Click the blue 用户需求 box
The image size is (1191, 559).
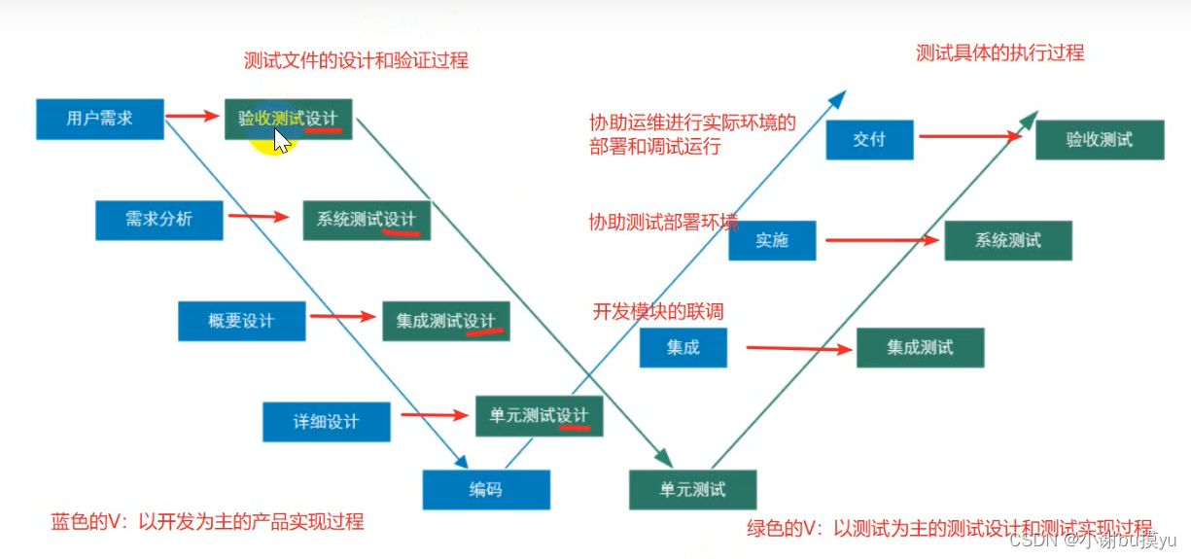click(x=100, y=119)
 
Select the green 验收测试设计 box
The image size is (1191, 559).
click(x=289, y=119)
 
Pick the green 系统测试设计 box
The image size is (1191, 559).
click(x=367, y=220)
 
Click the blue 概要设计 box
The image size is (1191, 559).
click(x=241, y=321)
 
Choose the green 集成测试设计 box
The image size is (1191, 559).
click(x=446, y=321)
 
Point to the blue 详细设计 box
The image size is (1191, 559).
click(x=326, y=422)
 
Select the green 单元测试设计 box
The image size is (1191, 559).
click(x=539, y=416)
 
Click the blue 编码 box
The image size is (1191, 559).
click(x=486, y=490)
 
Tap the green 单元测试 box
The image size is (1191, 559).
click(x=692, y=489)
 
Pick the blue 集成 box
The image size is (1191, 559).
click(x=683, y=347)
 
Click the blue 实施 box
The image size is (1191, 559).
click(x=772, y=240)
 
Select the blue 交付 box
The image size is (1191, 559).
click(x=869, y=139)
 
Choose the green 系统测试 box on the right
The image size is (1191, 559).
click(x=1007, y=240)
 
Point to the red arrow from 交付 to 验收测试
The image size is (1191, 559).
click(x=969, y=136)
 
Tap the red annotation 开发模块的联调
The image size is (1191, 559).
click(x=658, y=312)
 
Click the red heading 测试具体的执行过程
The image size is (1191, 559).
click(x=999, y=53)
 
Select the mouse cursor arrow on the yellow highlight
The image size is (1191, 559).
click(x=281, y=141)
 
